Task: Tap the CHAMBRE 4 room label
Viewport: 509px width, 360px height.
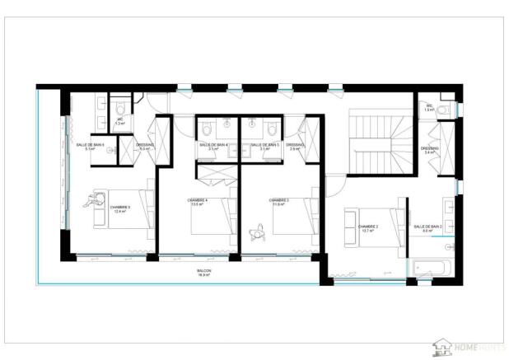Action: [x=198, y=202]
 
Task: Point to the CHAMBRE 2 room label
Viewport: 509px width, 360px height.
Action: [x=367, y=228]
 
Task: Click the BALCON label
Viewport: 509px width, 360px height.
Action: [x=203, y=273]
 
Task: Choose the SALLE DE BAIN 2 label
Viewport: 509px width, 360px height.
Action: [x=427, y=228]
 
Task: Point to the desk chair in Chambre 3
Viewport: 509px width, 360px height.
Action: [x=257, y=233]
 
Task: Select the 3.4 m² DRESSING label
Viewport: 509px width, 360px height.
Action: [x=430, y=151]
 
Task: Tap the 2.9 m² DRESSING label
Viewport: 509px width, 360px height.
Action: [x=295, y=147]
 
